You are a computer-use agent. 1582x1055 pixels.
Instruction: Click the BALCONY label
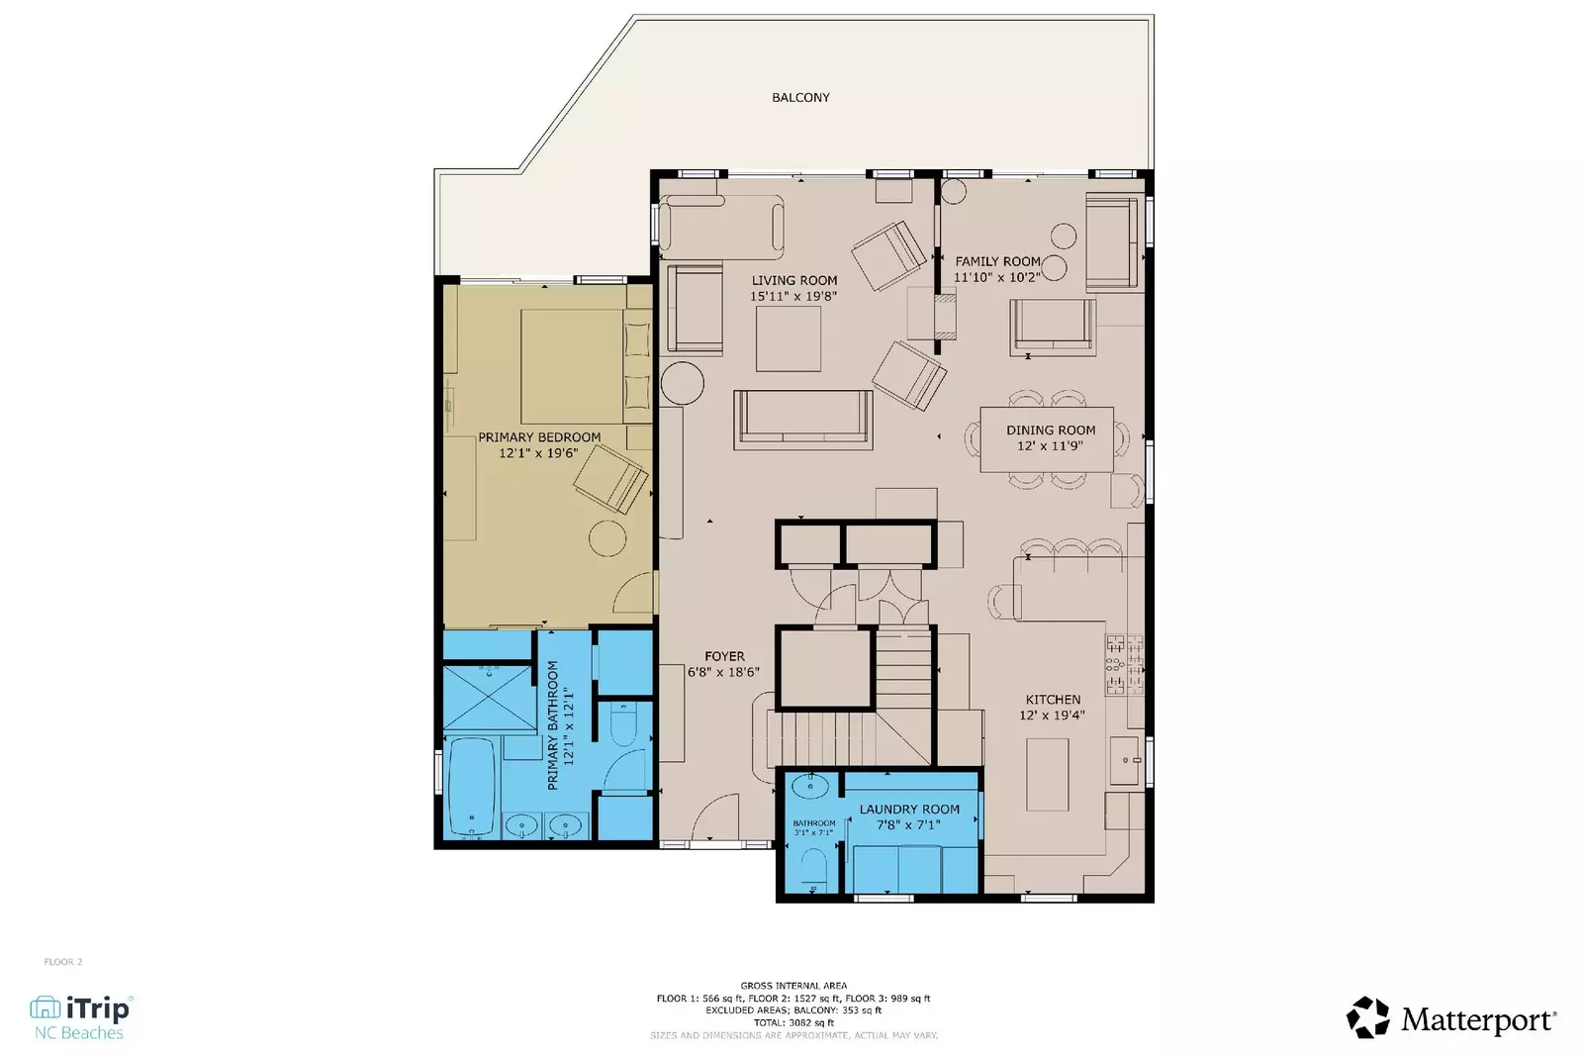(x=800, y=97)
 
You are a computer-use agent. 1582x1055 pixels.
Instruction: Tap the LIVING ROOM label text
(x=793, y=280)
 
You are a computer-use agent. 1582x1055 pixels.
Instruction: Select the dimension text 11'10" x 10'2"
(x=996, y=277)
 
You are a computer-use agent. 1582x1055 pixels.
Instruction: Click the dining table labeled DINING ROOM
(x=1047, y=438)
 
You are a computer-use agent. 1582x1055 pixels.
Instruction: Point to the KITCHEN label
(x=1053, y=699)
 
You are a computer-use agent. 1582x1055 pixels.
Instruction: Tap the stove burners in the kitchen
(x=1124, y=663)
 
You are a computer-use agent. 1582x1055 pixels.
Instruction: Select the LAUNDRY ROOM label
(x=909, y=809)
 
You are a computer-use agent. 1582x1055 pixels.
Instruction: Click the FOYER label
(x=724, y=656)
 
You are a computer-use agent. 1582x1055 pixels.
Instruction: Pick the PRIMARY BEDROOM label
(x=539, y=436)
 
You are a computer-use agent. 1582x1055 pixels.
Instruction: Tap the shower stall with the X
(x=489, y=699)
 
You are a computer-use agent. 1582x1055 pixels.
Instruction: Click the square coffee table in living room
(x=789, y=338)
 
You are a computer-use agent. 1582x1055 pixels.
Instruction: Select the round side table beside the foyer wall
(x=682, y=382)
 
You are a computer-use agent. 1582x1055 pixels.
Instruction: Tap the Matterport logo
(x=1451, y=1018)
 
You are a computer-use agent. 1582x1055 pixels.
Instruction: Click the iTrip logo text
(x=96, y=1008)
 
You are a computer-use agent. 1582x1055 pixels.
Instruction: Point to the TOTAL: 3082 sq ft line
(x=793, y=1022)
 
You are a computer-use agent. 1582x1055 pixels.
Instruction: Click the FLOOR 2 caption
(x=63, y=962)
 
